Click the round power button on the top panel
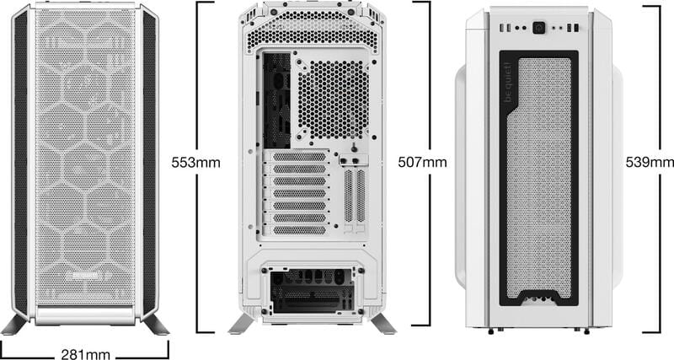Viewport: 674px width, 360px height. (538, 28)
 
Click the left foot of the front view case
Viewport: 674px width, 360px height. (16, 324)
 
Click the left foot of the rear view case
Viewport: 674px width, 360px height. (242, 324)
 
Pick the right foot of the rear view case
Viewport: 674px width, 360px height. (382, 324)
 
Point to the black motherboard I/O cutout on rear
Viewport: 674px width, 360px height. (275, 99)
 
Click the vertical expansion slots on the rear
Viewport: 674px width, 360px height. (355, 196)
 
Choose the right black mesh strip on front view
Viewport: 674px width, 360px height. (149, 160)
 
